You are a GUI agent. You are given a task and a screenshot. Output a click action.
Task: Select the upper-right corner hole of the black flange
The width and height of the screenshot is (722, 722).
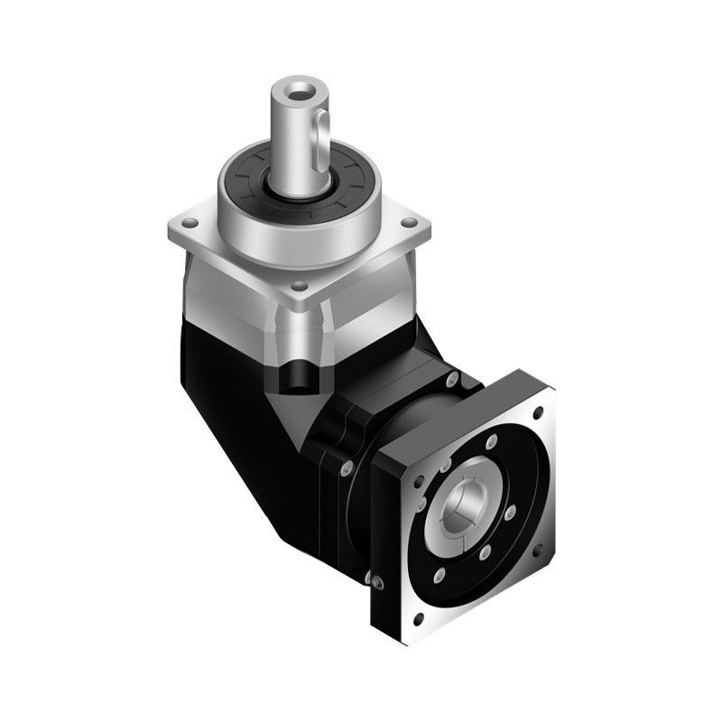point(540,414)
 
